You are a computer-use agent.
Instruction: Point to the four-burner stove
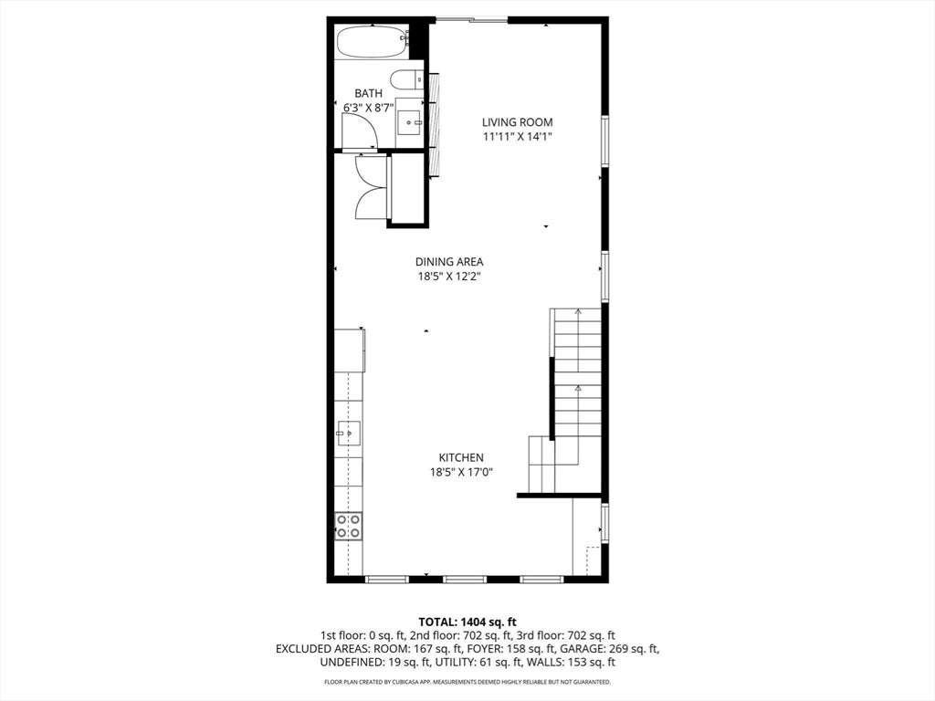[x=348, y=527]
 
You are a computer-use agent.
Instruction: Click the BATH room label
[x=369, y=94]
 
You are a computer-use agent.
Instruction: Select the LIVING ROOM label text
[x=518, y=122]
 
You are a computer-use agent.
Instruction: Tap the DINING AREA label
[x=449, y=262]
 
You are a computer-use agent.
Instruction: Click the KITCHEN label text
[x=461, y=458]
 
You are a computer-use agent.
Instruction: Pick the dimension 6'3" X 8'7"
[x=369, y=109]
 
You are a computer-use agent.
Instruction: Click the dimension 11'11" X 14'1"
[x=518, y=137]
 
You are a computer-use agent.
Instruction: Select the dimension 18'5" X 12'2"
[x=449, y=277]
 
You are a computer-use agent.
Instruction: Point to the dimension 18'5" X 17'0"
[x=461, y=473]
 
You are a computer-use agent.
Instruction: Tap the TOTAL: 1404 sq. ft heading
[x=467, y=623]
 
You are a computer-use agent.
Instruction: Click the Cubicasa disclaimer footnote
[x=467, y=682]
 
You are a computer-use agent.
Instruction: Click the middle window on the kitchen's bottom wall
[x=465, y=579]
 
